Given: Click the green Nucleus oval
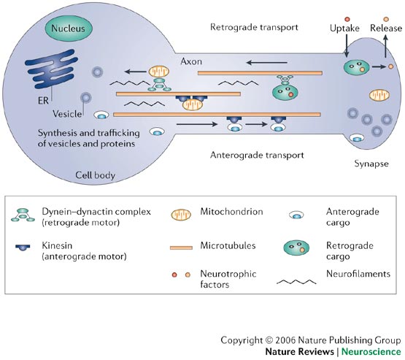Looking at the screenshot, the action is coord(68,28).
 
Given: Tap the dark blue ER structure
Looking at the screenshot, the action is coord(51,69).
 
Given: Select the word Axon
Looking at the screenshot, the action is coord(191,61).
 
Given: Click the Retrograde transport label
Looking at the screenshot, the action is coord(254,27).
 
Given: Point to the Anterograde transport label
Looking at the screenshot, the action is coord(257,155).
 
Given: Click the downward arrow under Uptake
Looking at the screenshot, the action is coord(347,46).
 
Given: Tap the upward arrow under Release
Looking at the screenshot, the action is coord(385,46).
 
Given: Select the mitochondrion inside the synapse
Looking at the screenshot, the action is coord(379,96).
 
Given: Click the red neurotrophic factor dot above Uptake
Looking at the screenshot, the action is coord(347,19).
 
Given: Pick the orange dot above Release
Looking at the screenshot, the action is coord(386,19).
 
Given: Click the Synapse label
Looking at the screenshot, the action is coord(371,164).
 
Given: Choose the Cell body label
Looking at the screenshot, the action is coord(96,175).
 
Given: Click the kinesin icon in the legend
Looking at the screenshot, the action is coord(23,247).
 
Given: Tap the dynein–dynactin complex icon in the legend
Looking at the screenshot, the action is coord(23,215).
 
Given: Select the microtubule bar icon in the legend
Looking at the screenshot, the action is coord(181,248).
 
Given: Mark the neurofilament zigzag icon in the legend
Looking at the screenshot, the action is coord(296,282).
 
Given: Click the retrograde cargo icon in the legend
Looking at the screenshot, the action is coord(296,248).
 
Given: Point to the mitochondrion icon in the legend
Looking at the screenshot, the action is coord(181,215).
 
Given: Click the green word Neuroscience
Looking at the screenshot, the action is coord(371,352).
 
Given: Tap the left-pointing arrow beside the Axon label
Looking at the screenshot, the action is coord(267,63).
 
